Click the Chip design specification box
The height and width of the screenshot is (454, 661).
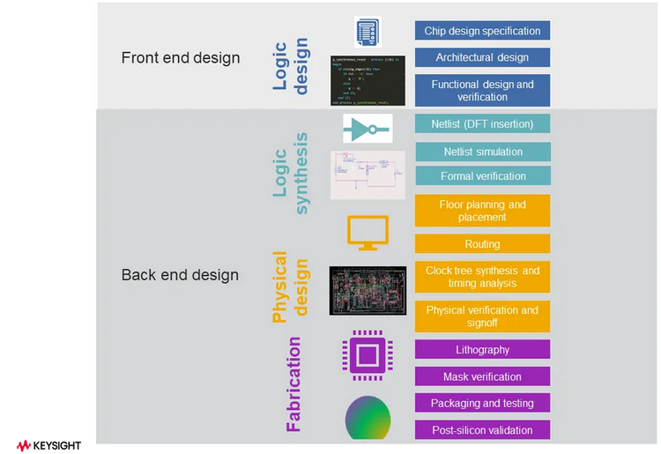482,31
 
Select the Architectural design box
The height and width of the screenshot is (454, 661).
482,57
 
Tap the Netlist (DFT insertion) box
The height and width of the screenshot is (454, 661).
482,124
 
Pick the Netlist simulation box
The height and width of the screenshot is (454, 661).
482,152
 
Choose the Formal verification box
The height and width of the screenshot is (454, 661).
482,176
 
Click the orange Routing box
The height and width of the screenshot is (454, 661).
482,244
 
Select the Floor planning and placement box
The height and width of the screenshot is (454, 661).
482,211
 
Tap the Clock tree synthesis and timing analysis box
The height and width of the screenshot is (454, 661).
482,277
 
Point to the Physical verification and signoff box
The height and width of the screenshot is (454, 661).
482,316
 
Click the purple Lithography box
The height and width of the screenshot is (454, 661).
482,350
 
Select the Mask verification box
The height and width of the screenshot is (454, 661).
482,376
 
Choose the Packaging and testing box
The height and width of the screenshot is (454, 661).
482,403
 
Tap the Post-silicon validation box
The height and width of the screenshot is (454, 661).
482,430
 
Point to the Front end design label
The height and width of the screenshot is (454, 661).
180,58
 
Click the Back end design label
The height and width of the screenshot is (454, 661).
180,275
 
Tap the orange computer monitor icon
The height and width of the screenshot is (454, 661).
367,232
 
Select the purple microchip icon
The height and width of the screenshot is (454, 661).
367,355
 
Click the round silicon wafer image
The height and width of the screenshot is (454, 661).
368,417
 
